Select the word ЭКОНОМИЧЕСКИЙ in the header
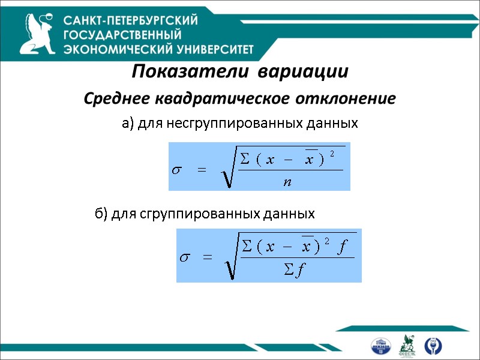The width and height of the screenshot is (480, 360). [116, 49]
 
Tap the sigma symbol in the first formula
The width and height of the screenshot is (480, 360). [177, 170]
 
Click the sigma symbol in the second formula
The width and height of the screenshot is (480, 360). [185, 258]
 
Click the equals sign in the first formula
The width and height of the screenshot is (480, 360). [201, 170]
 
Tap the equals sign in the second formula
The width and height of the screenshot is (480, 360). [208, 258]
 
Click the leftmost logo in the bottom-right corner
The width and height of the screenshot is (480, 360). [380, 346]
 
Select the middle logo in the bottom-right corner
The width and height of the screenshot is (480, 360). [408, 345]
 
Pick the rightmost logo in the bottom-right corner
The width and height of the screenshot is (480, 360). [431, 345]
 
